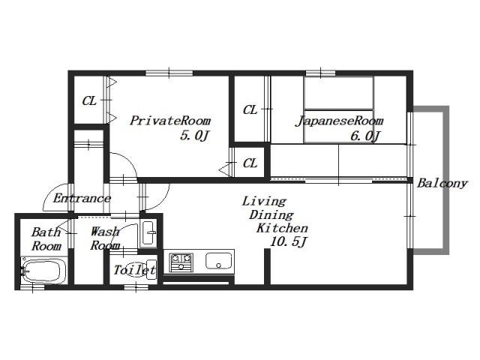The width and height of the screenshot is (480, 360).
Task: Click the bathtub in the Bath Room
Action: pos(43,270)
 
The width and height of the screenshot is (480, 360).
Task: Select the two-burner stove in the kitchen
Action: pos(181,262)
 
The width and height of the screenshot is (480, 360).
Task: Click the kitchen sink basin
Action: pos(218,261)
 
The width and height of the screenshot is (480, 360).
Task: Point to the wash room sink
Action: pos(149,233)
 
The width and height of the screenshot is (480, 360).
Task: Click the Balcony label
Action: pos(442,183)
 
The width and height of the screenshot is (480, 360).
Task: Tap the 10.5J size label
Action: pos(288,242)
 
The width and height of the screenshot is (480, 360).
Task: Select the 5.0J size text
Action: pos(195,135)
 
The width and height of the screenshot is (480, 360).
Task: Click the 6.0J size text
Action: pos(365,136)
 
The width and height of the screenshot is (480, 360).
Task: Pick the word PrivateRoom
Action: pos(170,120)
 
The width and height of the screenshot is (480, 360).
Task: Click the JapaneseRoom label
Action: pos(339,121)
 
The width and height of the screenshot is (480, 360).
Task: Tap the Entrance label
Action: pos(82,198)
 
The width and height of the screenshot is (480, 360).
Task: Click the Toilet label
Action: pos(135,270)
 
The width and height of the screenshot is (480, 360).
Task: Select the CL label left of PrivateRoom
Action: pos(89,100)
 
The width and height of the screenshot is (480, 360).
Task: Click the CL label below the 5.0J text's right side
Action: pos(250,163)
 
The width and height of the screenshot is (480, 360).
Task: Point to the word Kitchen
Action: pos(282,228)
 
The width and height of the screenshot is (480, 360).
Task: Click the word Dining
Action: pos(271,215)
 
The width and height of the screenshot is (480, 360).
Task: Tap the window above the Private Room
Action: pos(169,73)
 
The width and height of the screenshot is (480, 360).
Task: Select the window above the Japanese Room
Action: pos(320,73)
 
